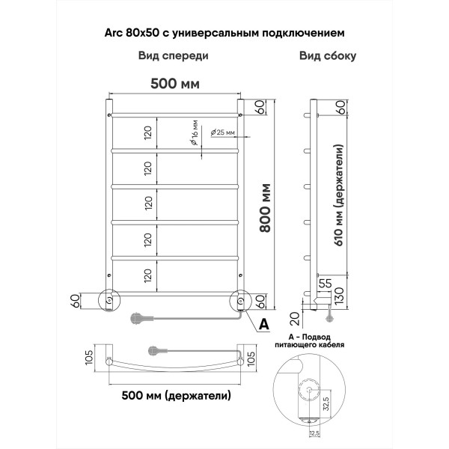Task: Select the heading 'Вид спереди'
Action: [173, 56]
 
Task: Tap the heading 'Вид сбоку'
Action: [327, 56]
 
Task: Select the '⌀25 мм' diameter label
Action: [223, 132]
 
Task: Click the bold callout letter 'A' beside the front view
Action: [263, 324]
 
